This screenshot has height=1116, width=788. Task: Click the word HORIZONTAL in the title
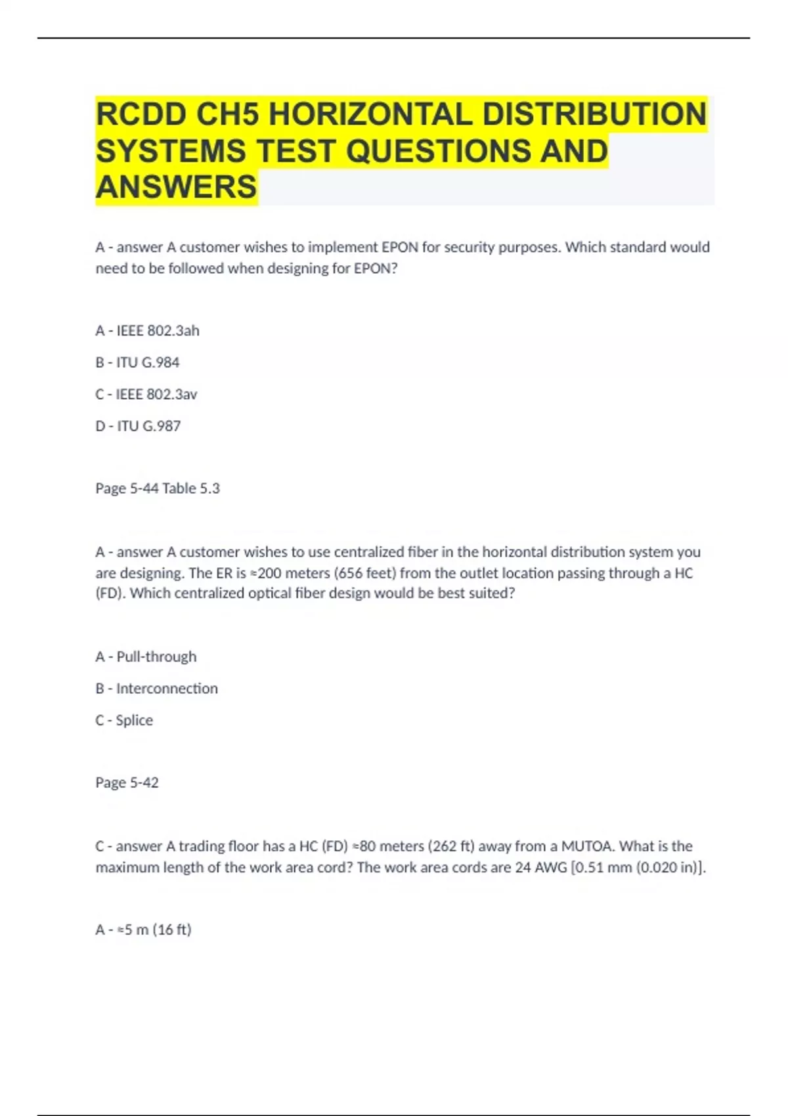click(370, 114)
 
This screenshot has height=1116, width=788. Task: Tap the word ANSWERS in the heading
click(176, 187)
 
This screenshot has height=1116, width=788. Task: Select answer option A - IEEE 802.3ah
click(147, 331)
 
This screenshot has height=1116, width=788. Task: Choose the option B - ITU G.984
click(137, 362)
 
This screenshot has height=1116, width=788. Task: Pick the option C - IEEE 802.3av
click(146, 395)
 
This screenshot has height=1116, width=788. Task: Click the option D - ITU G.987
click(138, 426)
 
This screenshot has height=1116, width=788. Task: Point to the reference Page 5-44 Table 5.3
click(158, 488)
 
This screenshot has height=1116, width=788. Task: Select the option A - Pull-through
click(146, 656)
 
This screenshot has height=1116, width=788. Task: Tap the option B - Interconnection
click(156, 689)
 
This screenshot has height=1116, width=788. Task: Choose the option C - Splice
click(124, 720)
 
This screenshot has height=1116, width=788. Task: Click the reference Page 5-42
click(127, 783)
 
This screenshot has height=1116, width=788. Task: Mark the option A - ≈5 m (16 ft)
click(143, 930)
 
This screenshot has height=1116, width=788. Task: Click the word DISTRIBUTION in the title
click(595, 114)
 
